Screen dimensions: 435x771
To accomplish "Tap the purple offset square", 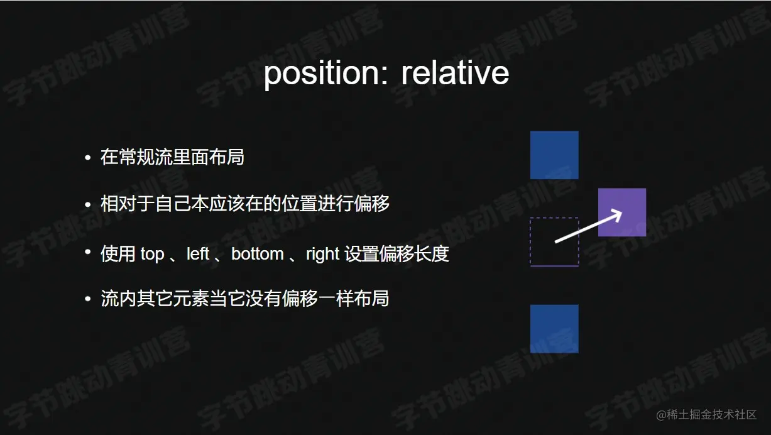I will point(621,212).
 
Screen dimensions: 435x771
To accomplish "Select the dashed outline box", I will point(554,242).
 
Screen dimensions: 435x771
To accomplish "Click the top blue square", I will point(554,155).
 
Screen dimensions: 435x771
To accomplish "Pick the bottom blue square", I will point(554,329).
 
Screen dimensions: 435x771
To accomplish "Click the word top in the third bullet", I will point(152,254).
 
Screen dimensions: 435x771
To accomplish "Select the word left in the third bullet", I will point(198,254).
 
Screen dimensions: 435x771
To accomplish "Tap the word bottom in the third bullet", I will point(258,254).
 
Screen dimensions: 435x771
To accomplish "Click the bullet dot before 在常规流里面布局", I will point(88,157).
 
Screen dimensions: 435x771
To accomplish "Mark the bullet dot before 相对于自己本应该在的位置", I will point(88,204).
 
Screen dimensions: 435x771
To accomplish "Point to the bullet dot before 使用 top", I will point(88,253).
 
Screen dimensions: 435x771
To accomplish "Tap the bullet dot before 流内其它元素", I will point(88,299).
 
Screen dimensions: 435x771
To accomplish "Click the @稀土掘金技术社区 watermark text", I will point(706,415).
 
